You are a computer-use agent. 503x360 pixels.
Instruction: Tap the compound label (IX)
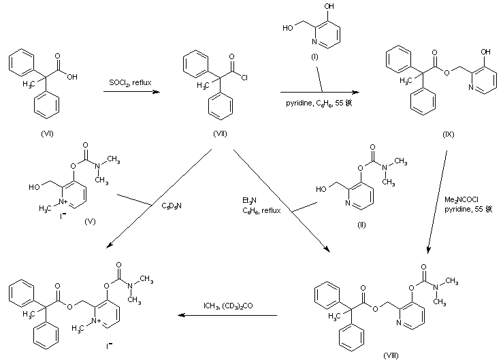[448, 134]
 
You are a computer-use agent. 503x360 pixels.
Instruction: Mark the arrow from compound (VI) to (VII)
[131, 91]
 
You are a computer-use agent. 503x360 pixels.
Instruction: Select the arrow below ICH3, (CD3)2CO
[228, 316]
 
